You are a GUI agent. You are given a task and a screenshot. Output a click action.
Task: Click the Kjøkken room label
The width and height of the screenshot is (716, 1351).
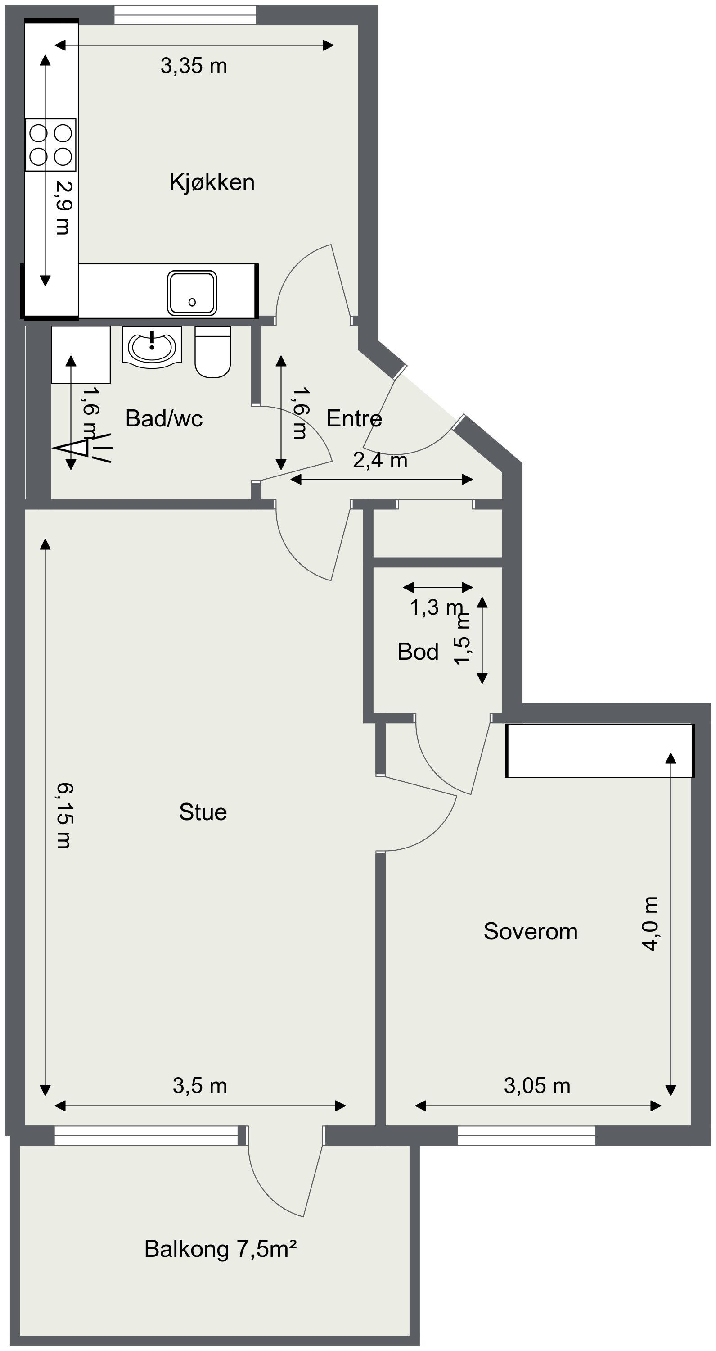coord(212,182)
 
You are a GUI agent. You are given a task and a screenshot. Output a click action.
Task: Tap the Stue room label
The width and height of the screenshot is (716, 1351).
coord(203,812)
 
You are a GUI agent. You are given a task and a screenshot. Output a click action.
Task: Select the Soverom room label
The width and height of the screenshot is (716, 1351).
coord(531,931)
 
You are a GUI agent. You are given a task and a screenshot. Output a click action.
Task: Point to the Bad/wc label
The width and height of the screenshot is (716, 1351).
coord(164,418)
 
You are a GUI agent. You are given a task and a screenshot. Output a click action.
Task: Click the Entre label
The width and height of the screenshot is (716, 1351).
coord(354,418)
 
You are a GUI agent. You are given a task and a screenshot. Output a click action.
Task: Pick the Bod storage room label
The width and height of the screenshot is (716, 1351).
coord(418,652)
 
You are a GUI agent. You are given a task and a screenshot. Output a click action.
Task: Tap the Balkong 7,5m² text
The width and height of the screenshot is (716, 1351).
coord(221,1249)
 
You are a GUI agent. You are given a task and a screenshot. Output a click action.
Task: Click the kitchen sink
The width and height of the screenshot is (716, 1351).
coord(192,293)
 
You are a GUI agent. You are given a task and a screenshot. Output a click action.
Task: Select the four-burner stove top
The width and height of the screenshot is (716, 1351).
coord(51,145)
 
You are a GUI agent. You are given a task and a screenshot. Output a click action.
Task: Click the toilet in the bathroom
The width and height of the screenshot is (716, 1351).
coord(213,351)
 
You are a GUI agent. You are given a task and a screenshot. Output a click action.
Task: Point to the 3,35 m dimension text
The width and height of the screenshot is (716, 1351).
coord(194,66)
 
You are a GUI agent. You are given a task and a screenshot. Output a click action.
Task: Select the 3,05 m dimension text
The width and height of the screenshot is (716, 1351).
coord(537,1086)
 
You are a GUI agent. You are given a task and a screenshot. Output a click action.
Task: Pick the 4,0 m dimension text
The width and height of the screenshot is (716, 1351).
coord(650,923)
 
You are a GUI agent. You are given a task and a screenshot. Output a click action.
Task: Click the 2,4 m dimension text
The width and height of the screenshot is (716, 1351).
coord(380,461)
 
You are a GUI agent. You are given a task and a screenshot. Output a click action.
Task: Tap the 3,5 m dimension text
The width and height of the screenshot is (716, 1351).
coord(200,1086)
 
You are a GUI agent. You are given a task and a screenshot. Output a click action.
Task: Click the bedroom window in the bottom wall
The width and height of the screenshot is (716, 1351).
coord(526,1135)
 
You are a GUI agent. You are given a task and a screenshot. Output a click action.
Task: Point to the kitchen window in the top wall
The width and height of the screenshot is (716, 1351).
coord(185,15)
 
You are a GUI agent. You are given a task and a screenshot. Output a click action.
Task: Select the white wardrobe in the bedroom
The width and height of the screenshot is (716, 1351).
coord(599,751)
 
